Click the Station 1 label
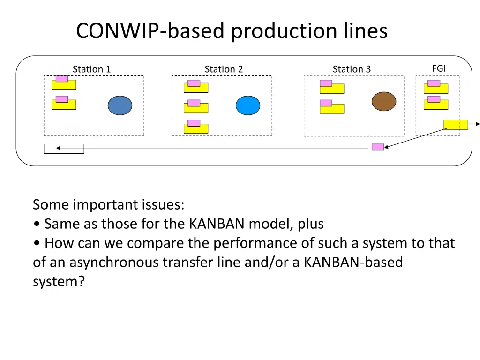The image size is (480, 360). click(91, 69)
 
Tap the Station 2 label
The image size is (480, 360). click(224, 69)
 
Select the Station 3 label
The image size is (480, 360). click(352, 69)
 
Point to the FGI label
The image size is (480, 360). click(439, 68)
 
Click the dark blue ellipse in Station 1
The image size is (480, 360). click(120, 105)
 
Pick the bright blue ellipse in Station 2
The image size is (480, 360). click(248, 105)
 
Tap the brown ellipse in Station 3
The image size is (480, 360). click(384, 101)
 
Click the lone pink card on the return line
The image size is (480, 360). click(378, 147)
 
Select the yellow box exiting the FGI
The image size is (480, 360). click(456, 125)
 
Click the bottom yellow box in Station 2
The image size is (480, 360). click(196, 128)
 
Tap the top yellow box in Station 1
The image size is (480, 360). click(64, 84)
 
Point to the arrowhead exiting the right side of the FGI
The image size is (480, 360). click(478, 124)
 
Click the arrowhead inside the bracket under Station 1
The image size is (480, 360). click(58, 148)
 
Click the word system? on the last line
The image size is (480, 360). click(59, 282)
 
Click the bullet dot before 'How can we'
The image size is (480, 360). click(37, 244)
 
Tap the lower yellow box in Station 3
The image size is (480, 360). click(332, 108)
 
